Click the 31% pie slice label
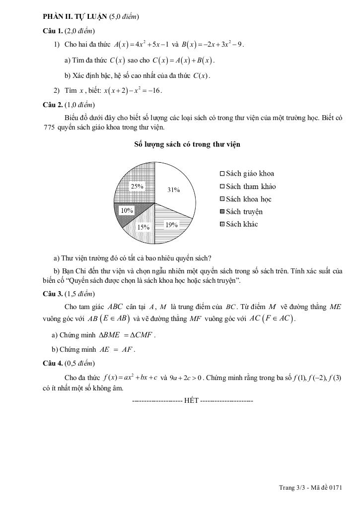click(x=174, y=190)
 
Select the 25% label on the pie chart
click(x=137, y=187)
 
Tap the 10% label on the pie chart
click(x=127, y=210)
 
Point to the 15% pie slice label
click(x=144, y=227)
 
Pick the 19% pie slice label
click(x=172, y=225)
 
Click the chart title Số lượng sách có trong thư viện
click(x=187, y=144)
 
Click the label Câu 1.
click(x=53, y=31)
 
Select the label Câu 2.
click(x=53, y=105)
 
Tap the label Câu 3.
click(x=53, y=293)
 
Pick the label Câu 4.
click(x=53, y=364)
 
